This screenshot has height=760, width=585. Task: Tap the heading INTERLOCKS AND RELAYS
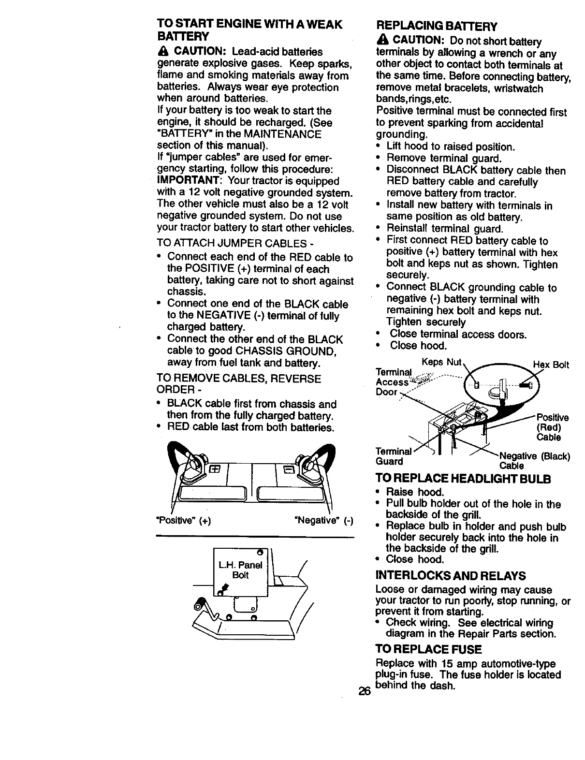pos(451,575)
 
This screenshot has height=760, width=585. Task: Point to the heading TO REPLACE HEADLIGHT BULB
pos(463,479)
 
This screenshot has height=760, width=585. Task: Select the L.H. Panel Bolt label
pos(240,570)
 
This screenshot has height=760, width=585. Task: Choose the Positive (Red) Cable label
pos(552,427)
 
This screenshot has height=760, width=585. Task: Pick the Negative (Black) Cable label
pos(534,461)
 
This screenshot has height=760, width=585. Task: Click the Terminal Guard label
pos(393,456)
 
